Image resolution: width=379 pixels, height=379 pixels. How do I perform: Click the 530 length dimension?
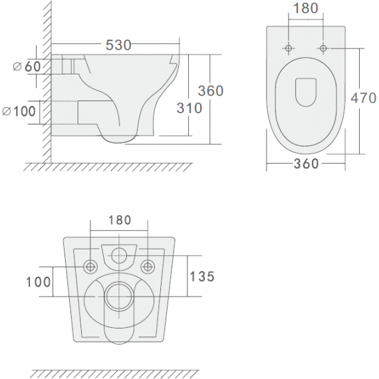118,45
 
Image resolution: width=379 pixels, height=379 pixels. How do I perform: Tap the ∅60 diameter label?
27,66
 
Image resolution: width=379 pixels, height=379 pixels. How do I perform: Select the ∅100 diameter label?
19,112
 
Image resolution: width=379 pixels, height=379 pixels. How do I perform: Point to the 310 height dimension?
189,108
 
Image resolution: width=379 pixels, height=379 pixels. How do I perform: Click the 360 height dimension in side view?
211,91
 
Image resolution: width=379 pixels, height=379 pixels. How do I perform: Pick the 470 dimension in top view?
363,98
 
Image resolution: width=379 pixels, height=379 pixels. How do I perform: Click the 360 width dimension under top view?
307,164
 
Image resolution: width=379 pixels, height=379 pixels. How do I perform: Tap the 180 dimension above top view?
306,8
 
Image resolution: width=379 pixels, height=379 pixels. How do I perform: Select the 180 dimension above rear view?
120,220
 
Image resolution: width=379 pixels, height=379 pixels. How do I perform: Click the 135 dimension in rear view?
202,277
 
